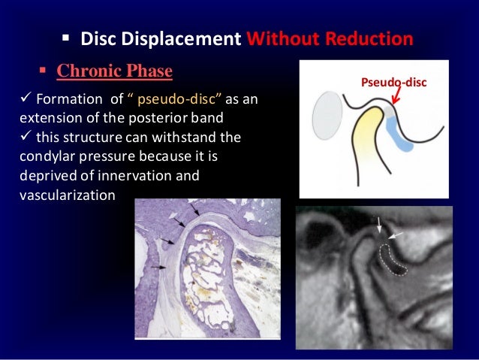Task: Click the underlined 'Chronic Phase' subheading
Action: click(x=115, y=72)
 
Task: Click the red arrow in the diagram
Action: click(x=394, y=98)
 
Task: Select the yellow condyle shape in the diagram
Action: click(x=358, y=139)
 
